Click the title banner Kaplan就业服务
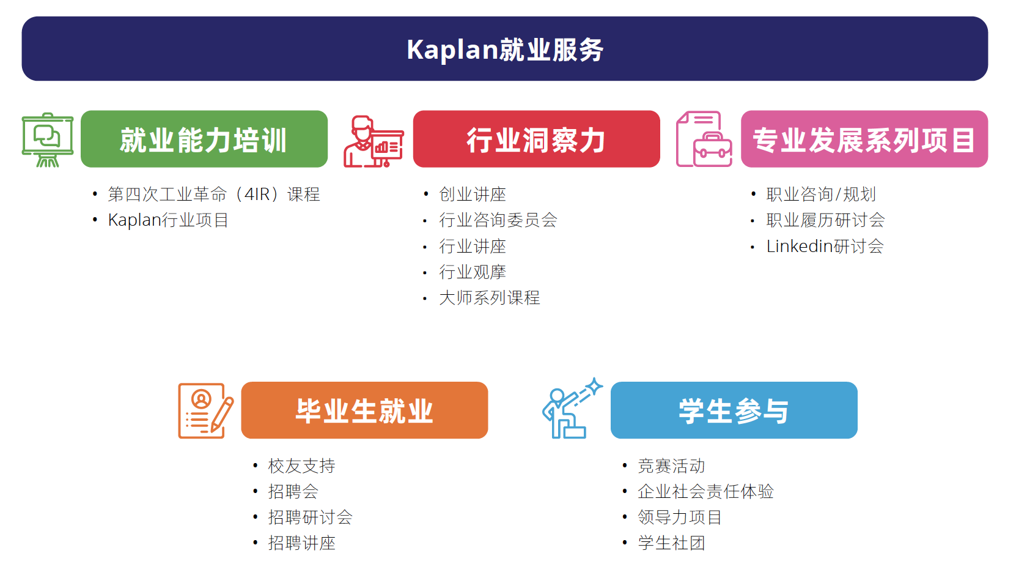pos(505,48)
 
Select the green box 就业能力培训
pos(204,139)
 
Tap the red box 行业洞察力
pos(537,139)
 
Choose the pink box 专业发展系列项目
pos(864,139)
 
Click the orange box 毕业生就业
pos(365,410)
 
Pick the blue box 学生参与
pos(734,410)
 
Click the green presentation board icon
pos(48,139)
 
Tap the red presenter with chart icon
pos(374,142)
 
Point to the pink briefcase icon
pos(704,139)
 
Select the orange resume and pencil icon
pos(206,410)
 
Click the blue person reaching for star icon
pos(572,408)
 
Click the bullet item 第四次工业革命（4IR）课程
pos(214,195)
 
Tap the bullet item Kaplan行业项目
pos(168,220)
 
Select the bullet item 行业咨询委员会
pos(498,220)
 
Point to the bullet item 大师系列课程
pos(490,298)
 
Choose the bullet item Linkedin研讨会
pos(825,246)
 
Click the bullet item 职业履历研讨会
pos(825,220)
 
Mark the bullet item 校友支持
pos(301,465)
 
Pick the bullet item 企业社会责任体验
pos(705,491)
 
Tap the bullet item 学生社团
pos(671,543)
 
